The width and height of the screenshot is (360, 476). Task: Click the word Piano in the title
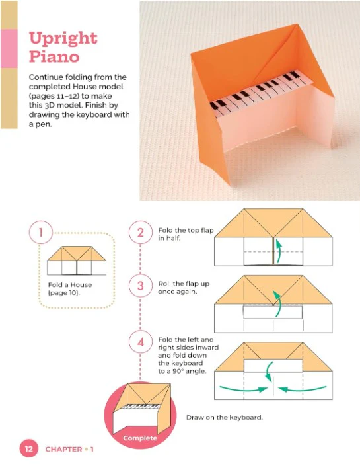pos(54,57)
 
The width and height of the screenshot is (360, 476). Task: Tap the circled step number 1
pos(41,232)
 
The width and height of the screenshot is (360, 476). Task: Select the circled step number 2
pos(141,233)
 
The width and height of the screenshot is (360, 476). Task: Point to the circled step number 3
pos(141,286)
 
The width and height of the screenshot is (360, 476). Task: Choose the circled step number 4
pos(141,342)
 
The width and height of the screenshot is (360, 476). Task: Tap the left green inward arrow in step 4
pos(243,389)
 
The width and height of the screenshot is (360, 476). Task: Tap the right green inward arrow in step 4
pos(302,389)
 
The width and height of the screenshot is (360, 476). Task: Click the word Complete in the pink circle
pos(140,438)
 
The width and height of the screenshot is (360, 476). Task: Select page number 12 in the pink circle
pos(29,449)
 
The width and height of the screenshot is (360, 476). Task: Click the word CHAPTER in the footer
pos(63,450)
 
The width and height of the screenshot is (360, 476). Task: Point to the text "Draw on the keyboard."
pos(225,418)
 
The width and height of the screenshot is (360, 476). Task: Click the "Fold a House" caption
pos(70,285)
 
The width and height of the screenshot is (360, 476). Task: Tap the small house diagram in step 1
pos(77,260)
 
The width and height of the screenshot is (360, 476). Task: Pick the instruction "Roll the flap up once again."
pos(184,288)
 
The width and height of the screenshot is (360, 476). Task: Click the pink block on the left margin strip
pos(9,48)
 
